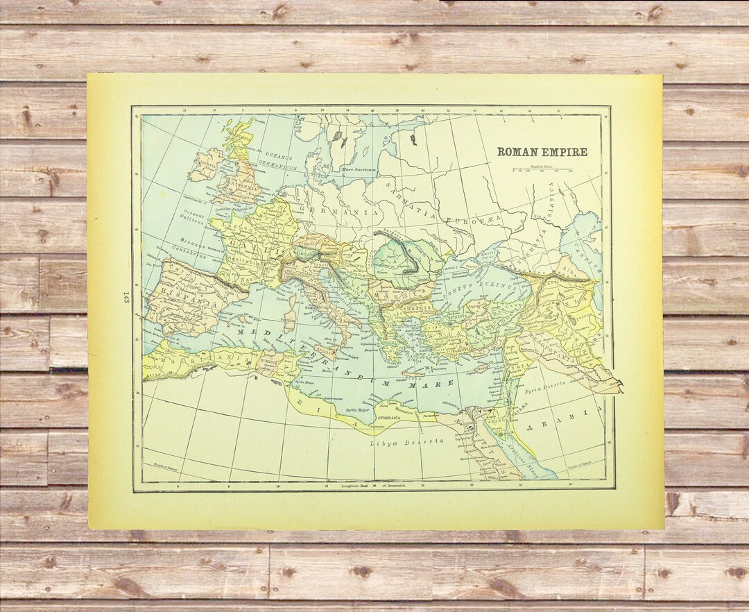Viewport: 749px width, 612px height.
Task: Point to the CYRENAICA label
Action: tap(396, 420)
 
